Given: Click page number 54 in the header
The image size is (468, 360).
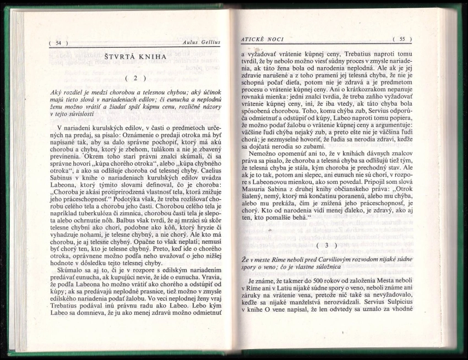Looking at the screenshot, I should click(x=58, y=42).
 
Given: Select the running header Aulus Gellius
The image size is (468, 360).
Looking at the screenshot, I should click(x=200, y=42).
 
